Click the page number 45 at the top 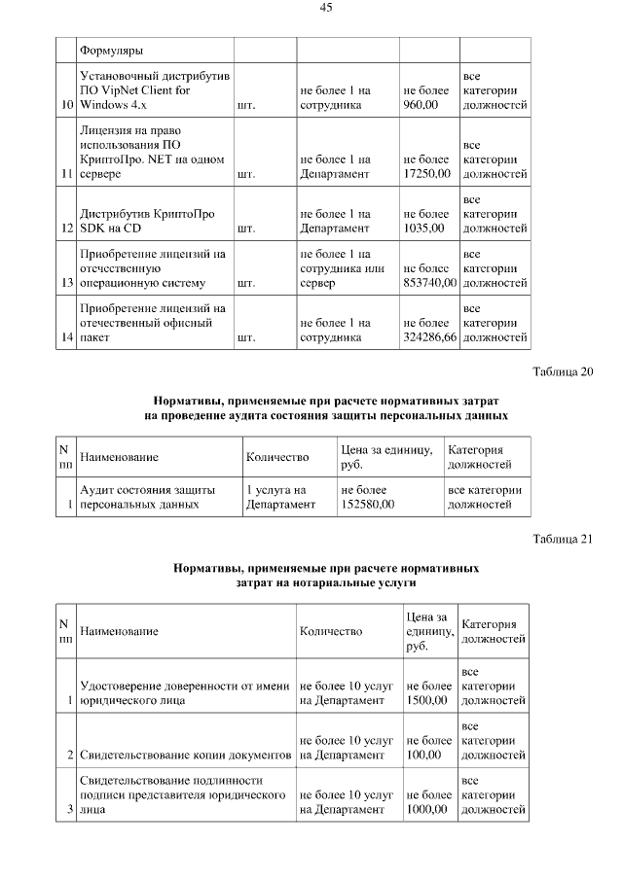tap(326, 8)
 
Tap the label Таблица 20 tap(563, 371)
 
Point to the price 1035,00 tap(423, 229)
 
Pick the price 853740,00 tap(429, 283)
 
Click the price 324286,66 tap(429, 337)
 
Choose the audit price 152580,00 tap(367, 505)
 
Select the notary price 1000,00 tap(425, 809)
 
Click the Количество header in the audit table tap(277, 457)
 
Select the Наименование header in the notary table tap(119, 631)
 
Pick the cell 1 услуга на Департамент tap(281, 497)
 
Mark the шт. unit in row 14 tap(245, 337)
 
